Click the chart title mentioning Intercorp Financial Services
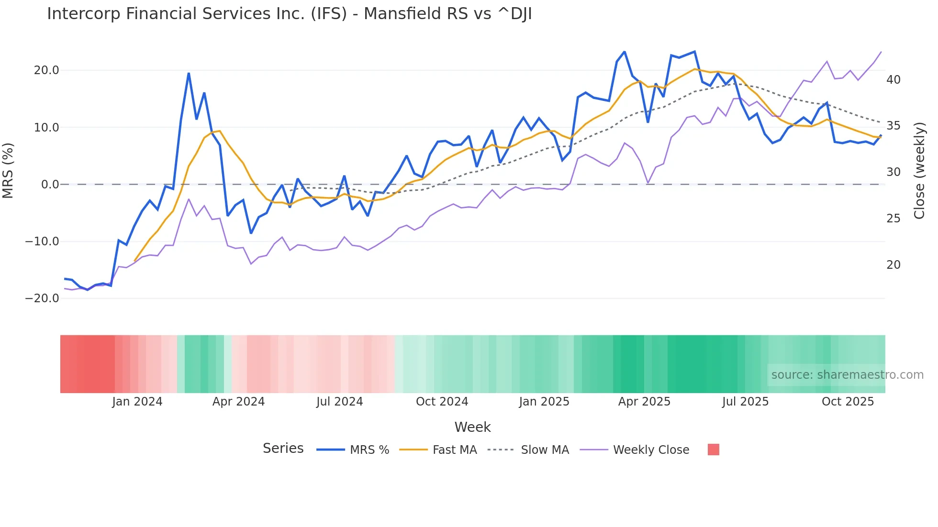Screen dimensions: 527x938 click(289, 14)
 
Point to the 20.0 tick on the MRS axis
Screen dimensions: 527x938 click(46, 70)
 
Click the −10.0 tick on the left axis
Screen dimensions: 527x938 click(42, 242)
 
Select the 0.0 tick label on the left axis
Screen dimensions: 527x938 click(50, 185)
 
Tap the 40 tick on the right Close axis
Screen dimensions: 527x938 click(893, 80)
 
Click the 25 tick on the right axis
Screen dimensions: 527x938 click(893, 219)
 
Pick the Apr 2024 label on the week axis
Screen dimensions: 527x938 click(238, 402)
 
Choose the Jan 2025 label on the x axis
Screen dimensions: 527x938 click(544, 402)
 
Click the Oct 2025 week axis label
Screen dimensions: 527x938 click(848, 402)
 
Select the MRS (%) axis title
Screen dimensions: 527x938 click(8, 170)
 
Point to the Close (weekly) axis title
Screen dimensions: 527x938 click(919, 171)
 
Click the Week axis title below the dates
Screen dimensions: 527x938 click(472, 427)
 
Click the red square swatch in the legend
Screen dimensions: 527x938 click(713, 450)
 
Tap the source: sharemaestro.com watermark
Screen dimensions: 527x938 click(847, 375)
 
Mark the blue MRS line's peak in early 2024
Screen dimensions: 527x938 click(189, 74)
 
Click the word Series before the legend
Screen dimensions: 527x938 click(283, 449)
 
